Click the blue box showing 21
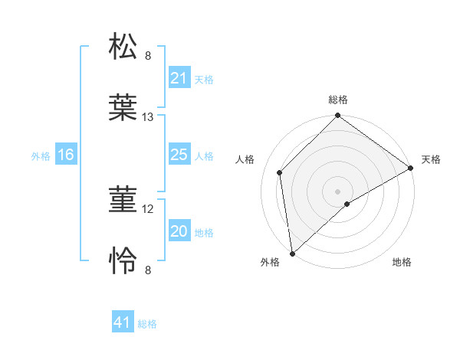click(x=179, y=78)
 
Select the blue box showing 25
click(x=179, y=155)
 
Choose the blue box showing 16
click(x=65, y=155)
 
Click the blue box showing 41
click(x=123, y=322)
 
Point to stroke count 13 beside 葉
click(x=148, y=117)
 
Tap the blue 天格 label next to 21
click(x=204, y=79)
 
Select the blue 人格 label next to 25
click(x=204, y=155)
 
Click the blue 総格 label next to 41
click(x=147, y=323)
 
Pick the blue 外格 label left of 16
click(x=41, y=155)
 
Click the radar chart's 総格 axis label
click(x=338, y=100)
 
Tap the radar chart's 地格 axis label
click(x=402, y=262)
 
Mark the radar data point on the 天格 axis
click(x=411, y=169)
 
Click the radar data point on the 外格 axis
click(x=292, y=253)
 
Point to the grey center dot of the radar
click(x=338, y=191)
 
